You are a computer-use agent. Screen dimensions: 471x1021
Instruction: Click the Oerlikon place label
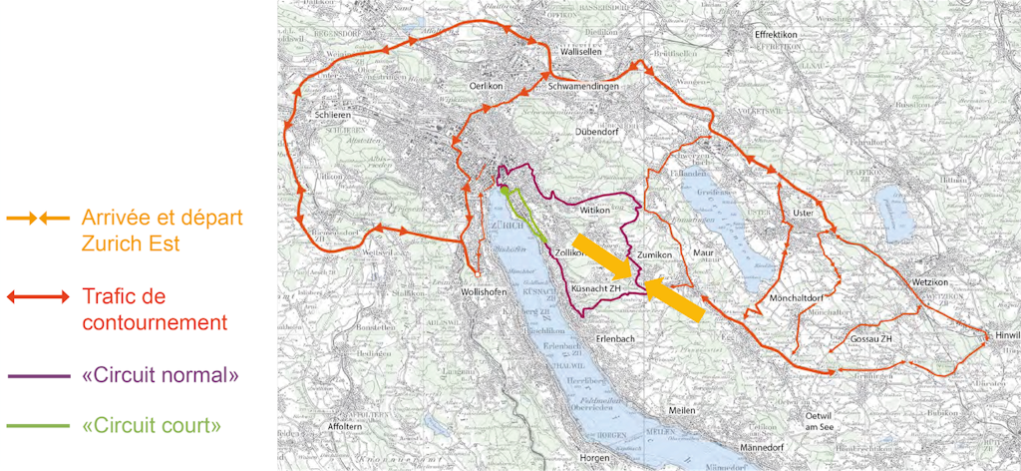pos(501,87)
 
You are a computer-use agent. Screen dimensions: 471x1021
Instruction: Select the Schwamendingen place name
pos(584,87)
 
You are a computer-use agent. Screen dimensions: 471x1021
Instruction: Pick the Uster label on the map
pos(804,214)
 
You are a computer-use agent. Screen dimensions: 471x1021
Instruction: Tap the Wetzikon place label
pos(934,282)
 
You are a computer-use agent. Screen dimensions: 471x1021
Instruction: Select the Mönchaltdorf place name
pos(798,298)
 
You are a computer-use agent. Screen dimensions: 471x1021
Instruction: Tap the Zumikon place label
pos(655,254)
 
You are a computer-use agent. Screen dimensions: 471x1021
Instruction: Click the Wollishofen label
pos(487,290)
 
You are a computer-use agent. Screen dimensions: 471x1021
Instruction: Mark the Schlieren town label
pos(335,115)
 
